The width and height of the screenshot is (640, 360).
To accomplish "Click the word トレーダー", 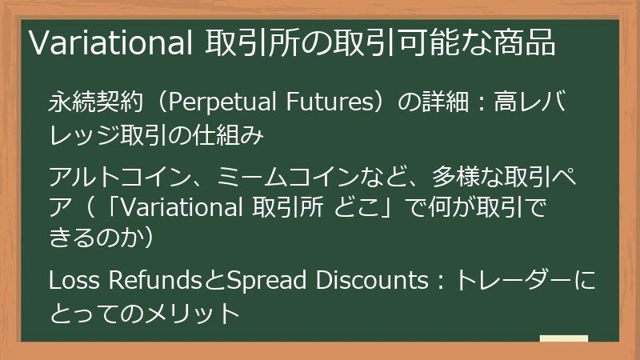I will tap(512, 281).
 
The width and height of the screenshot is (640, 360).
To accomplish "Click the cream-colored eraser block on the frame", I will tap(563, 341).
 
